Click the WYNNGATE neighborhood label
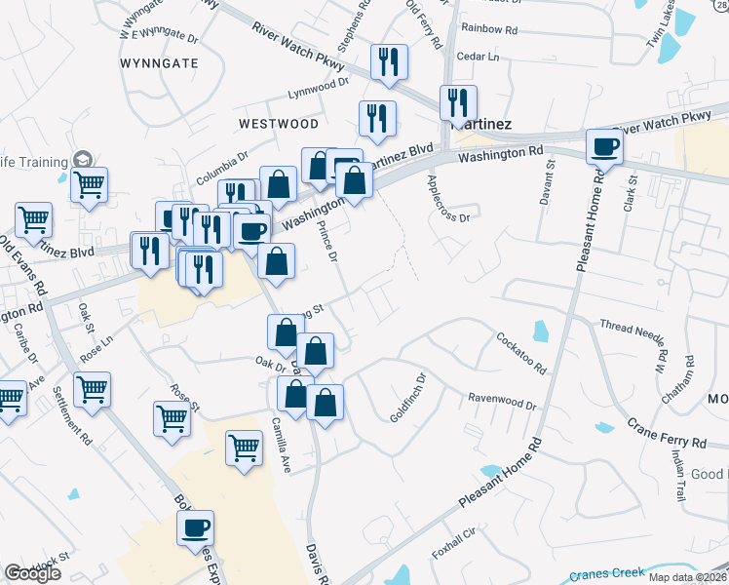(159, 62)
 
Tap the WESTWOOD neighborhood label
(278, 124)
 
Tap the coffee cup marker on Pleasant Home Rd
(604, 146)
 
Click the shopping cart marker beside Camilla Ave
(244, 448)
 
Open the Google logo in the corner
(32, 573)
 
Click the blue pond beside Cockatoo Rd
(541, 331)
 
